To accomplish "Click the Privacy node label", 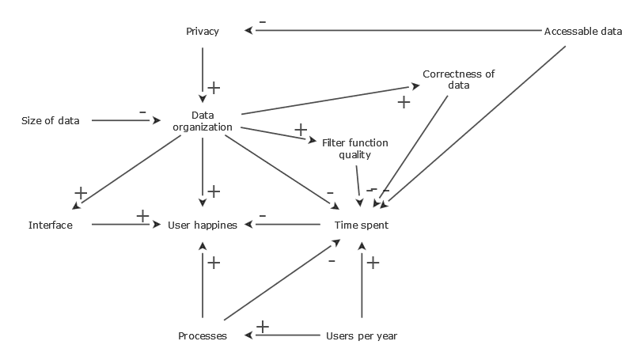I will [203, 32].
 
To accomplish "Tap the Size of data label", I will [50, 121].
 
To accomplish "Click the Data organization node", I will [203, 121].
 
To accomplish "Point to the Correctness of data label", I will [458, 79].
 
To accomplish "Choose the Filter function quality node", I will [355, 148].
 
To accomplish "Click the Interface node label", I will [51, 225].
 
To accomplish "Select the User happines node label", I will [203, 225].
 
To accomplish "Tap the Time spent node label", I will [362, 225].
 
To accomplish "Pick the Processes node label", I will [203, 336].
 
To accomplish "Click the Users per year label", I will [362, 336].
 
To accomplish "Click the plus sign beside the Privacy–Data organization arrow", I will [213, 87].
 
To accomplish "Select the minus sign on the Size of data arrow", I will [142, 112].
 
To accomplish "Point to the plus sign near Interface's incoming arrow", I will [80, 192].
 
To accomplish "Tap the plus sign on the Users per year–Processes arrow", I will [263, 326].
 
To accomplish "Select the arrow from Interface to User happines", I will [127, 225].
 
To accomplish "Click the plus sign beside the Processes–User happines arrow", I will [213, 262].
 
